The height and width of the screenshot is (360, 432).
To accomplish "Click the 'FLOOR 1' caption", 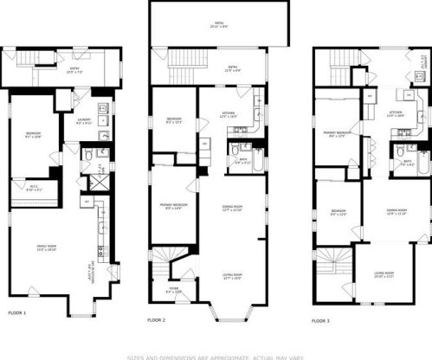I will [17, 312].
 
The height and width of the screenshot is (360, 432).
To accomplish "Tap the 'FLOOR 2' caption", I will [156, 320].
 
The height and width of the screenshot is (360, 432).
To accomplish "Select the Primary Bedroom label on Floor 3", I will [334, 134].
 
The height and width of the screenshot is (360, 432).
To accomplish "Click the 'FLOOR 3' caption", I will [320, 320].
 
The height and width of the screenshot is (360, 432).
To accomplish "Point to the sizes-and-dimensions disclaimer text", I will [216, 356].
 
